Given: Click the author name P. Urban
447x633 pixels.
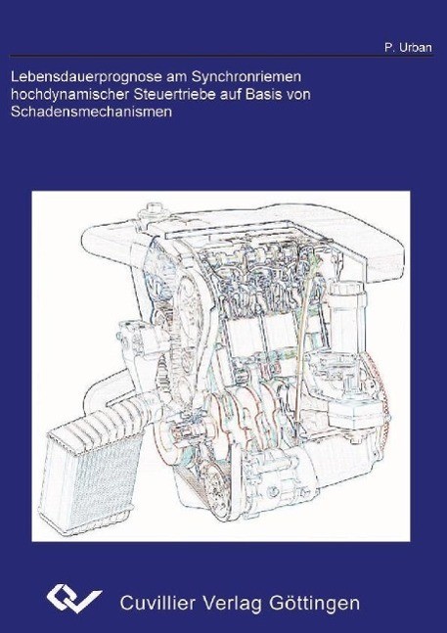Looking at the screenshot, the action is click(408, 48).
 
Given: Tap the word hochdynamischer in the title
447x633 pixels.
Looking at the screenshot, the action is click(67, 95).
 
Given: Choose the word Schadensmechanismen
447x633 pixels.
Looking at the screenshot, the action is click(91, 112).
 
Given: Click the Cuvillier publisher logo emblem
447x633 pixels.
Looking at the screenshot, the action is click(73, 599).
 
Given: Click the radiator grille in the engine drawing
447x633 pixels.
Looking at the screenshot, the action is click(92, 477).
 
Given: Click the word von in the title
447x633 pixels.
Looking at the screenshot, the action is click(299, 95).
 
